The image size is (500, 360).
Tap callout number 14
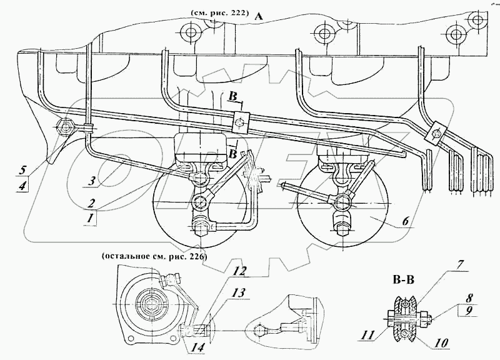pos(198,348)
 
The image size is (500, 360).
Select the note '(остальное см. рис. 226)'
pos(152,256)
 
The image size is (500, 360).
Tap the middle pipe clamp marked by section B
pos(237,122)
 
